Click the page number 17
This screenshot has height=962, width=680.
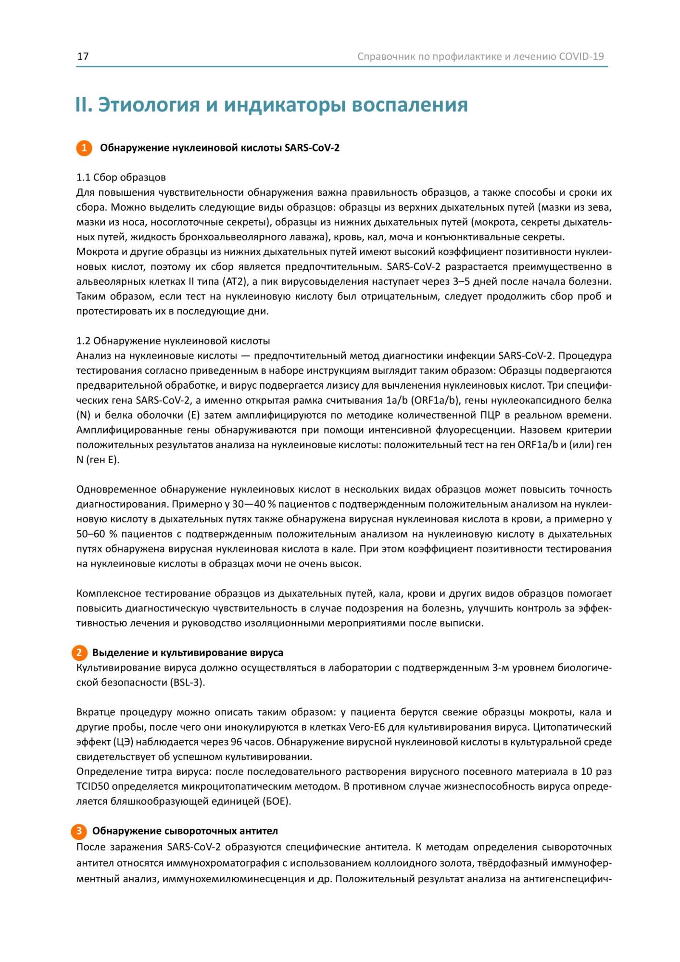[83, 56]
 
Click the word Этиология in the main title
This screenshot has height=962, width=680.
[149, 105]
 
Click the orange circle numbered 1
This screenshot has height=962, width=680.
[84, 148]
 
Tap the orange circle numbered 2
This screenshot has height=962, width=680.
[79, 653]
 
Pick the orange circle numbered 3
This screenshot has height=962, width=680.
[79, 831]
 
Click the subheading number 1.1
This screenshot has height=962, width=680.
[83, 177]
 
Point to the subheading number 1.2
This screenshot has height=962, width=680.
[83, 341]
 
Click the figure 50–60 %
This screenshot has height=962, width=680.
[97, 534]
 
